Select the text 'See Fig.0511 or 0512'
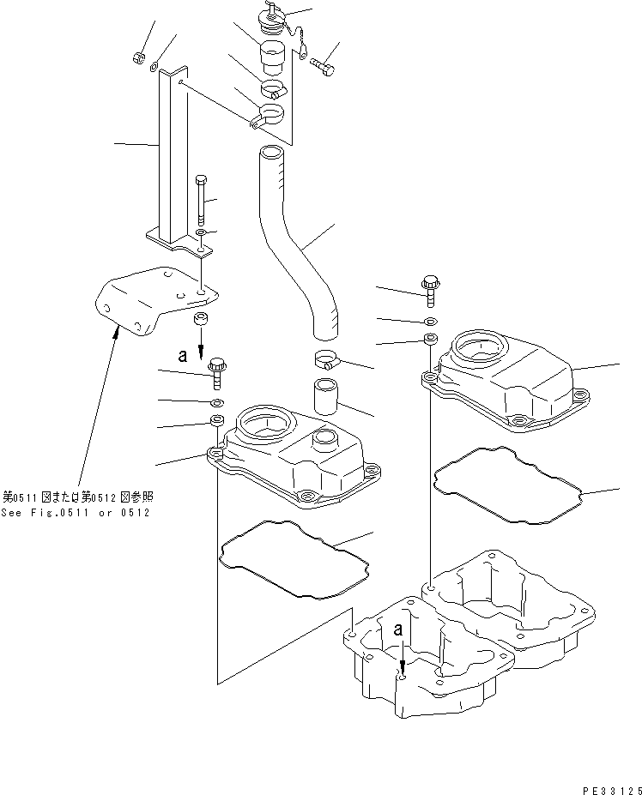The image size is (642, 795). pos(76,512)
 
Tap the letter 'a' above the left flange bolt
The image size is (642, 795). pos(181,352)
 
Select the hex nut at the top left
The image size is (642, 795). pos(137,57)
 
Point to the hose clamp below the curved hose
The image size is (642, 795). pos(326,360)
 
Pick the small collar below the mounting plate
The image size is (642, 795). pos(201,321)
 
